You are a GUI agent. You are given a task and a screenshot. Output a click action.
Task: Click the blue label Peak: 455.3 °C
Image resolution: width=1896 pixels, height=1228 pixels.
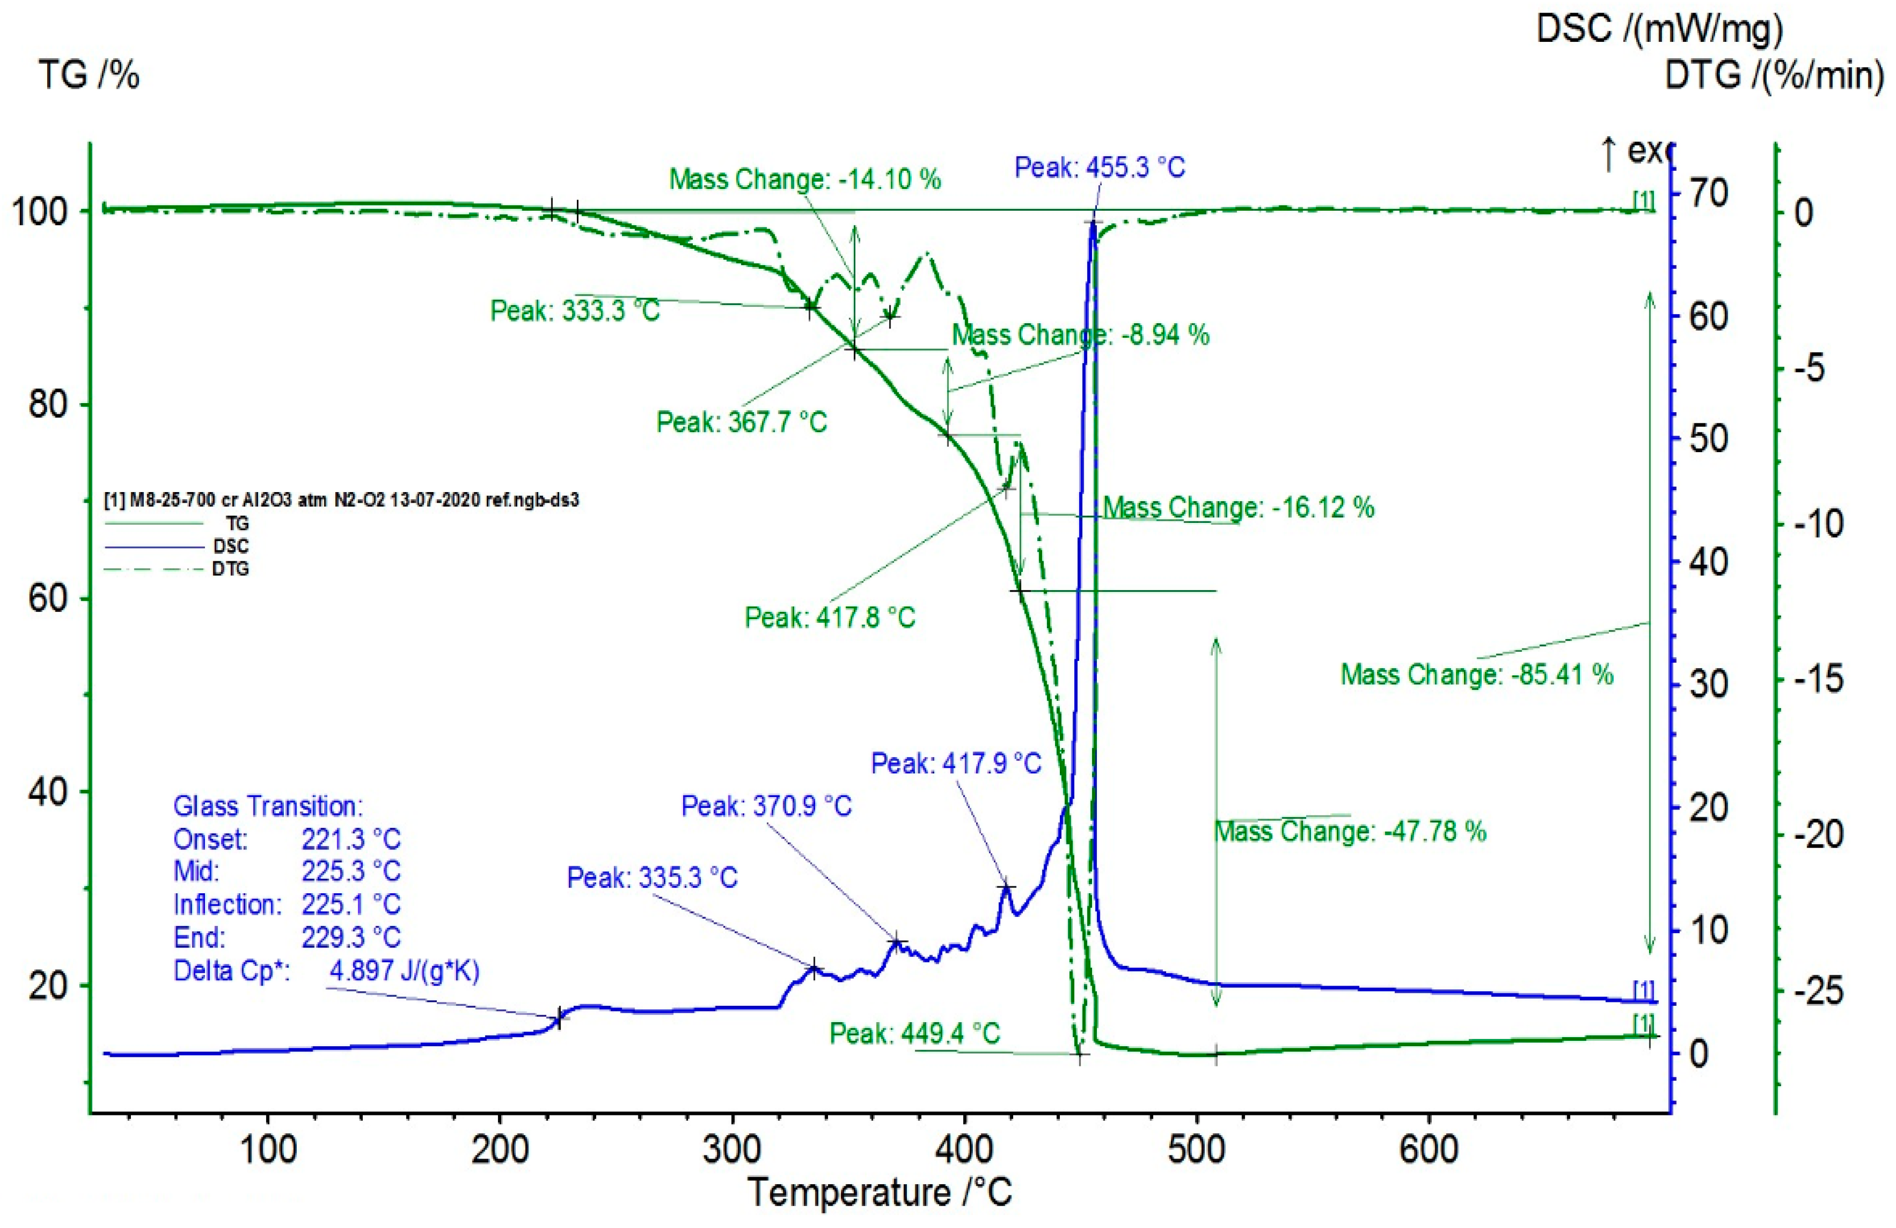tap(1099, 167)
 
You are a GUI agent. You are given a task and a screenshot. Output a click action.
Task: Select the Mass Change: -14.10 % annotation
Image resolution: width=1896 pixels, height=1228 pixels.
tap(804, 179)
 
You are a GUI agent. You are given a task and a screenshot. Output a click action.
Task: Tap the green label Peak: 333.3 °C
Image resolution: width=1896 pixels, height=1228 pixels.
tap(575, 311)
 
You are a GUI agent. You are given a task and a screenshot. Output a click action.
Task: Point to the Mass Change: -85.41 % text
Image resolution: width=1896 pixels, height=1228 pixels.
tap(1476, 674)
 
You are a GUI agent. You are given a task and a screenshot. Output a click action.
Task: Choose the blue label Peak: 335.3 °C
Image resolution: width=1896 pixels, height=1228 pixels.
tap(652, 878)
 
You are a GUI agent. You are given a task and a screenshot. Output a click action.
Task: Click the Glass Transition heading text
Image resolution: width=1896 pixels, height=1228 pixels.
tap(267, 806)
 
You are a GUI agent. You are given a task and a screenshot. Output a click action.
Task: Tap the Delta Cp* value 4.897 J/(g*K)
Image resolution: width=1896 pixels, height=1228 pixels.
tap(404, 971)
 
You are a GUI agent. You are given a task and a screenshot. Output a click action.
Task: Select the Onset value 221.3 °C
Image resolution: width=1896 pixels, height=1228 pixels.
tap(351, 839)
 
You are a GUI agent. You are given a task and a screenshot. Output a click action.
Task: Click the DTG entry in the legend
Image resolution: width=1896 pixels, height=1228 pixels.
tap(230, 569)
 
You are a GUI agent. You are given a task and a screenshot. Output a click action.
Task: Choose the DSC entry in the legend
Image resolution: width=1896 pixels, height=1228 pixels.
tap(230, 546)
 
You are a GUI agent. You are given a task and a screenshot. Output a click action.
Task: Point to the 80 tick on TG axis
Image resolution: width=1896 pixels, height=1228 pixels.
tap(48, 405)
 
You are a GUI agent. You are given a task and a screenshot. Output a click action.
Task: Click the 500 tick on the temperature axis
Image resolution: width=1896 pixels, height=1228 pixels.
tap(1196, 1151)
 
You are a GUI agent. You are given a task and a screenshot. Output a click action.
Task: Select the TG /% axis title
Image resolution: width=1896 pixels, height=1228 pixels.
tap(89, 76)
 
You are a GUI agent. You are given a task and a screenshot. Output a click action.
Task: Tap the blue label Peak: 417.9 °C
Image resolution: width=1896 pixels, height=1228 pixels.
tap(956, 764)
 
